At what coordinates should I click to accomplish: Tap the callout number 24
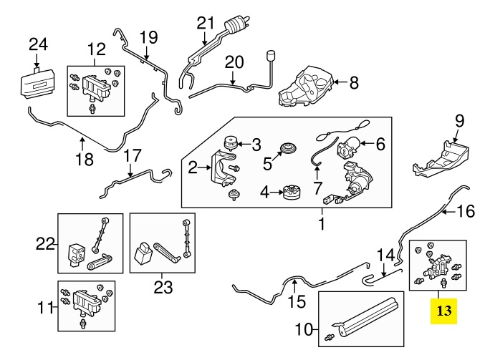point(38,45)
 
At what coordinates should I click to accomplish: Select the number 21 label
point(206,22)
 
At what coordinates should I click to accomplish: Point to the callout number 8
point(353,83)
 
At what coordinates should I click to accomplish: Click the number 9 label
point(459,120)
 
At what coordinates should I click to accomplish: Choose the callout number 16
point(466,211)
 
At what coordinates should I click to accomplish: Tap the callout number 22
point(45,244)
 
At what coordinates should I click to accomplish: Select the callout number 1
point(322,225)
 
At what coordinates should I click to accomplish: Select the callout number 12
point(96,50)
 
